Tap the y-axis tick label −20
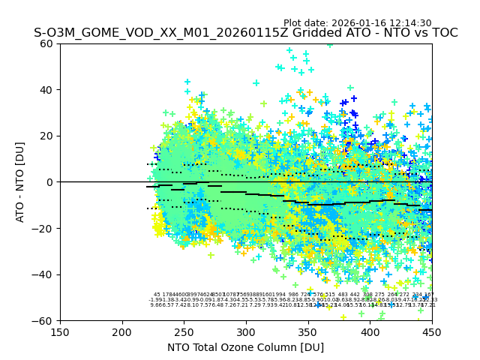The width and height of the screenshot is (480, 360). coord(44,228)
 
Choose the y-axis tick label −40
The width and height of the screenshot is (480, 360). coord(44,274)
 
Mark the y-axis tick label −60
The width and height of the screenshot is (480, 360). coord(44,321)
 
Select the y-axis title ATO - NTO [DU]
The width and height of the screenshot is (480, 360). coord(21,182)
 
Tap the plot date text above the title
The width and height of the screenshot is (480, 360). coord(357,23)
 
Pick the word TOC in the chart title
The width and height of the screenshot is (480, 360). coord(443,33)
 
